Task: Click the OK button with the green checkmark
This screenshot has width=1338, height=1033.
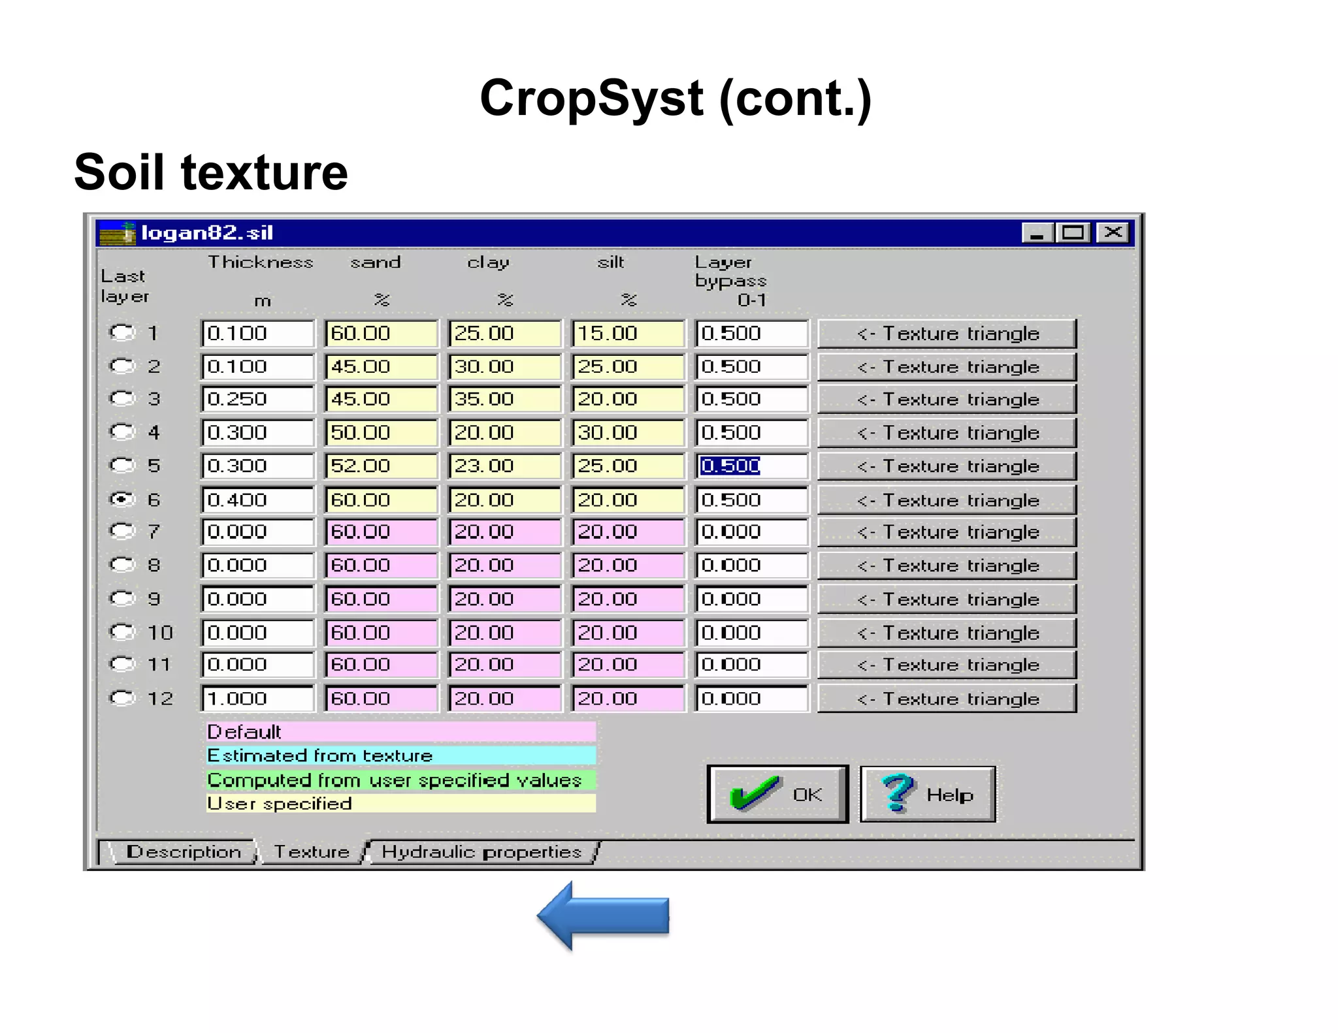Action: [777, 794]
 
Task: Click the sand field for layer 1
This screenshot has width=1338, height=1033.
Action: [381, 333]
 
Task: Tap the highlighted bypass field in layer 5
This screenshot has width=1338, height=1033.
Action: [751, 466]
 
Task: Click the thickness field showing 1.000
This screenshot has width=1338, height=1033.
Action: [257, 698]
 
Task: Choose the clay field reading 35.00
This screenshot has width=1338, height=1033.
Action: [504, 399]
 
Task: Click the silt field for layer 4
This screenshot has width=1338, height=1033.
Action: [628, 432]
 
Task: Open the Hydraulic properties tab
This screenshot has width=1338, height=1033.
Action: [481, 852]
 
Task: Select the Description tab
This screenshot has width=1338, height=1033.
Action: [184, 852]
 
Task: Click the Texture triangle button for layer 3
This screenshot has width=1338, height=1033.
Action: [947, 399]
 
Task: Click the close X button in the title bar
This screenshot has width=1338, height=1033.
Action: [1113, 232]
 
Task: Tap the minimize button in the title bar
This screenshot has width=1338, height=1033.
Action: [1037, 232]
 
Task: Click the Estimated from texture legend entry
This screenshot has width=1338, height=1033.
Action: [400, 755]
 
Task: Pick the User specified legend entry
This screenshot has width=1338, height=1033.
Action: [400, 803]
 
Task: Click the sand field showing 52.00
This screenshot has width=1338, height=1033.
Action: [381, 466]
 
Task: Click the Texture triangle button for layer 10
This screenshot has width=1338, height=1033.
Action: [947, 633]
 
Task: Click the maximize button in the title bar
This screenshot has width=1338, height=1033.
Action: [1074, 232]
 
